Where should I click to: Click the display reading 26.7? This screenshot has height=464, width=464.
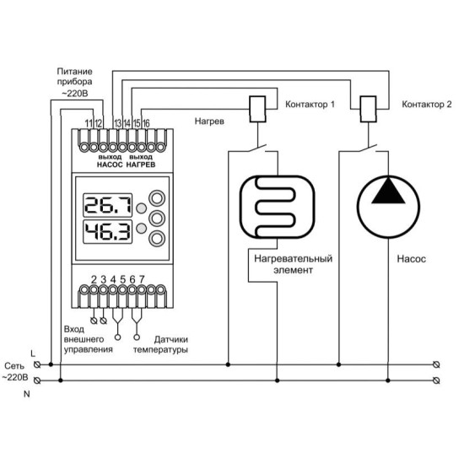pos(107,205)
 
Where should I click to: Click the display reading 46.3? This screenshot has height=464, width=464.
pos(107,232)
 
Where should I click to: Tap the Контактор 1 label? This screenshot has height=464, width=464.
pos(310,105)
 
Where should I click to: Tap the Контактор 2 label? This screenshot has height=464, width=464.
pos(427,105)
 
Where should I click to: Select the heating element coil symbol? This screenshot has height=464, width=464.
pos(278,208)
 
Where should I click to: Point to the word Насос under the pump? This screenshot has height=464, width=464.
pos(412,259)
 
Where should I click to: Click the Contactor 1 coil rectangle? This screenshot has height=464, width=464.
pos(258,109)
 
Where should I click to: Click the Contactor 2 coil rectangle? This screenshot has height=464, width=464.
pos(369,109)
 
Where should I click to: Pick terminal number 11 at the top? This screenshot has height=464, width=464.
pos(89,123)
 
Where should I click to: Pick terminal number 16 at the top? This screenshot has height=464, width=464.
pos(146,123)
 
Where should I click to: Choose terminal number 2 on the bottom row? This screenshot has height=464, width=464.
pos(94,279)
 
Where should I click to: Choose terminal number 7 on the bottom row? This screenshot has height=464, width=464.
pos(142,279)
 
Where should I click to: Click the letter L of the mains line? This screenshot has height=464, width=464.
pos(33,353)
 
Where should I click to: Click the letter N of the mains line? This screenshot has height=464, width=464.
pos(27,394)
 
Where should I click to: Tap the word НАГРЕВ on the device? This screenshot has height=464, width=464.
pos(141,165)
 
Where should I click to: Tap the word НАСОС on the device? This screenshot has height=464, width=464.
pos(110,165)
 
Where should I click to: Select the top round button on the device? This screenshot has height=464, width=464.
pos(157,198)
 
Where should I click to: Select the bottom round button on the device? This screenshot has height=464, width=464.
pos(157,238)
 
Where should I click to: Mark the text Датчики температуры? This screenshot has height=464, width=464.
pos(160,344)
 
